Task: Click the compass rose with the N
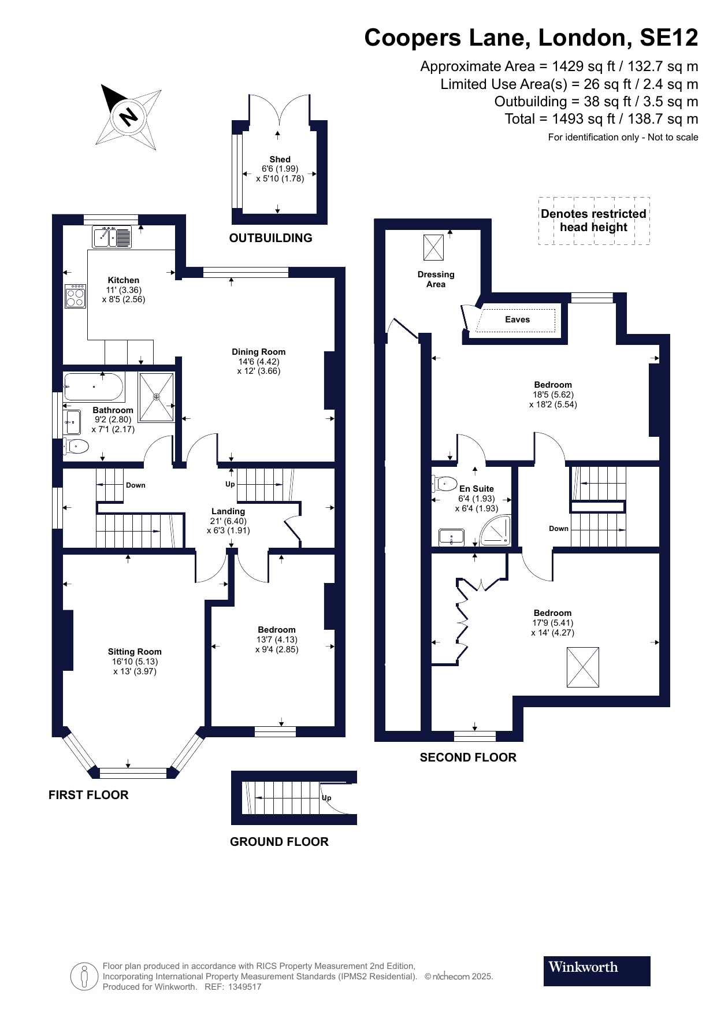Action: coord(128,117)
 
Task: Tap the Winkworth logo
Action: coord(597,971)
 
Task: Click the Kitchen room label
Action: coord(124,280)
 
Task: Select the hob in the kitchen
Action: coord(75,296)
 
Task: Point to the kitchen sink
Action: coord(112,237)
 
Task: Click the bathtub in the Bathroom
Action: coord(94,387)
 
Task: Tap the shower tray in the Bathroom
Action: coord(156,397)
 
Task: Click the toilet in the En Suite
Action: coord(444,483)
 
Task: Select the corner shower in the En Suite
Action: coord(496,530)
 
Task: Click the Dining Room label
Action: coord(259,352)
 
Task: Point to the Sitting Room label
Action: coord(135,652)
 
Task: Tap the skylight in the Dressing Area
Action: coord(434,247)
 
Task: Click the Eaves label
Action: coord(517,320)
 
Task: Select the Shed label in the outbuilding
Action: coord(280,159)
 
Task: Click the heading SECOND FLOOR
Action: coord(468,757)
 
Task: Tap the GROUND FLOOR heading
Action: coord(279,842)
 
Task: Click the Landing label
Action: coord(228,511)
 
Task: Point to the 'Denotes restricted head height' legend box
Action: coord(594,221)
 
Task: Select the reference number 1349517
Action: coord(245,987)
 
